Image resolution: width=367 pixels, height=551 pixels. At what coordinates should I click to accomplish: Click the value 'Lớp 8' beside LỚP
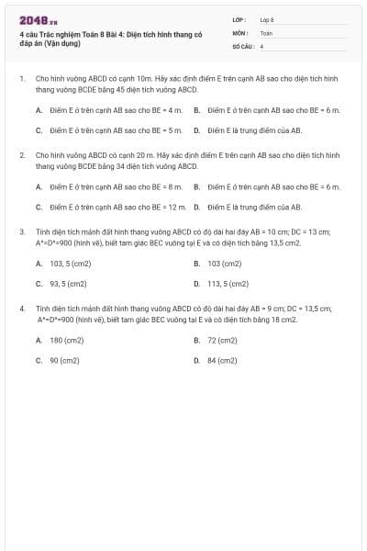(x=267, y=19)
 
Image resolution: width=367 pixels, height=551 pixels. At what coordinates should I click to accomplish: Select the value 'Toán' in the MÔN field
(x=266, y=32)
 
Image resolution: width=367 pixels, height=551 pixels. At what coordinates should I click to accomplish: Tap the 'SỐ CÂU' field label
(x=241, y=45)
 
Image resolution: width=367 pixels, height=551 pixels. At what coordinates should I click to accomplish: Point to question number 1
(x=22, y=80)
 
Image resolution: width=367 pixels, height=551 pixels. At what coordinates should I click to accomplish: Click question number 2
(x=22, y=156)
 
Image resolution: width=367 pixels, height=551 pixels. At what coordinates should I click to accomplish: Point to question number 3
(x=22, y=232)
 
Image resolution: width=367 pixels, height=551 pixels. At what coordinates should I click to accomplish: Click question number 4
(x=22, y=309)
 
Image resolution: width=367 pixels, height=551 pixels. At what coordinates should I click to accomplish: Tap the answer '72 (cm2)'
(x=221, y=340)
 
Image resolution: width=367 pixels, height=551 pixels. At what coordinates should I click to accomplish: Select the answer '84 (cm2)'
(x=221, y=361)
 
